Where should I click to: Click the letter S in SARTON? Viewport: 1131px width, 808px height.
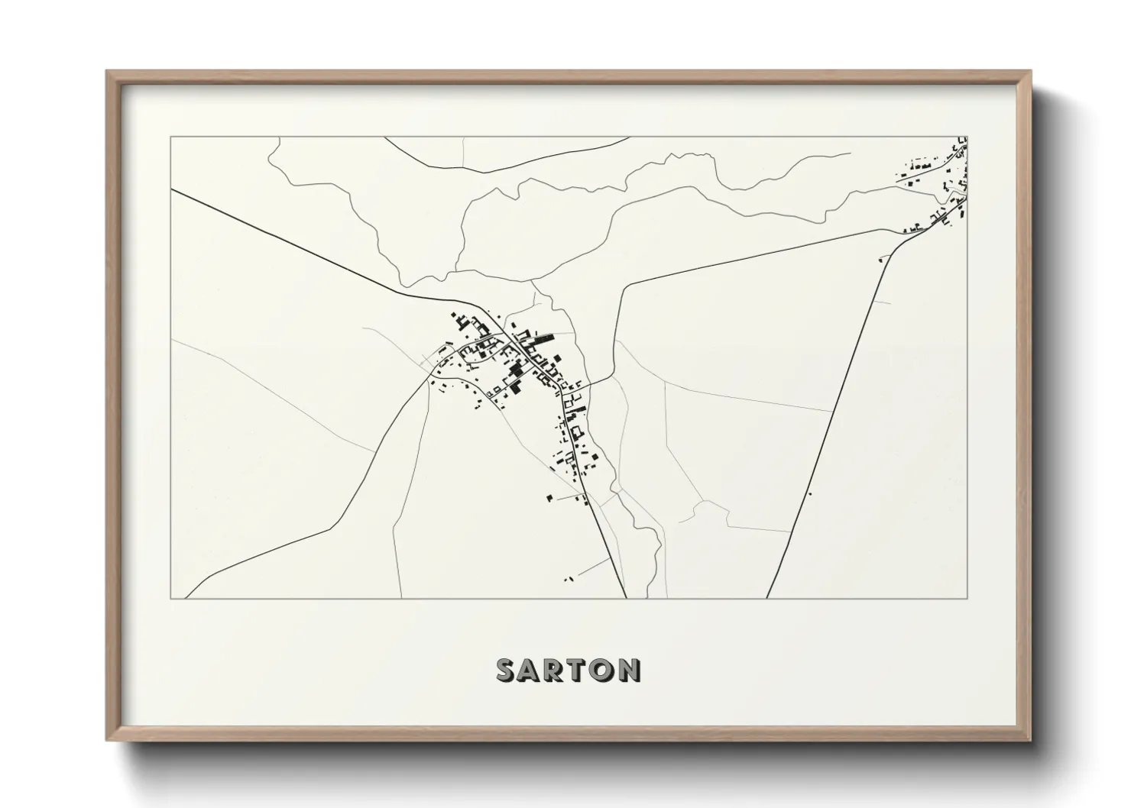(x=508, y=670)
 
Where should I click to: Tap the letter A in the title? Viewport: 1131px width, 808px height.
(x=533, y=670)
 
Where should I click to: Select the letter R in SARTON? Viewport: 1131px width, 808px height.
(x=558, y=670)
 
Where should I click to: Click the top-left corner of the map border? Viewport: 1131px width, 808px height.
(x=171, y=137)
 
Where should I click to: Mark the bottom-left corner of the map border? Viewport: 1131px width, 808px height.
(x=171, y=598)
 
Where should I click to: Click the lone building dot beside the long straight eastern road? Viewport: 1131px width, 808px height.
(x=810, y=494)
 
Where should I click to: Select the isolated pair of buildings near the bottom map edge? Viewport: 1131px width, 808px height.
(x=568, y=580)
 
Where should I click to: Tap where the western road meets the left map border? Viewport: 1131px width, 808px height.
(x=172, y=190)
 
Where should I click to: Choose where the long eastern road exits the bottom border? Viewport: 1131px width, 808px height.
(x=766, y=597)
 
